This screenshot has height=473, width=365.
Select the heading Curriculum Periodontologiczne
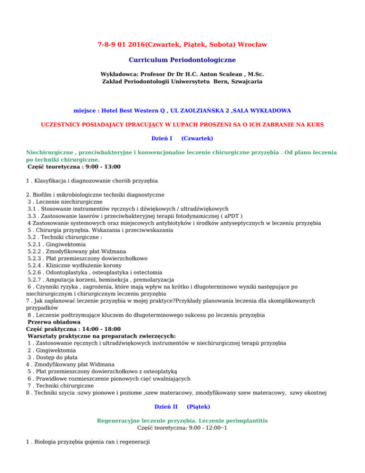tap(182, 60)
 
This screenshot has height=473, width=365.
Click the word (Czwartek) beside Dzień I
tap(197, 139)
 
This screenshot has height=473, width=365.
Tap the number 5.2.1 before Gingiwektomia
tap(36, 244)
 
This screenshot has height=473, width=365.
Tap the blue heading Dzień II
tap(166, 407)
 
